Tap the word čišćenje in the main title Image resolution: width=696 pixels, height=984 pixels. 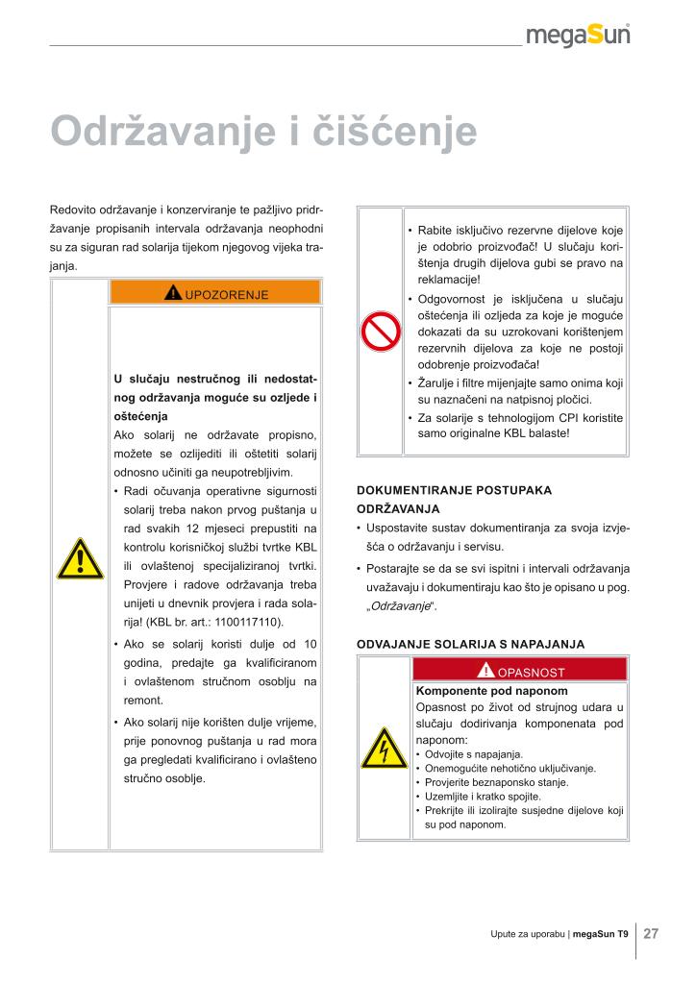[x=395, y=132]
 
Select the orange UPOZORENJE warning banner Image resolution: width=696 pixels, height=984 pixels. [x=215, y=292]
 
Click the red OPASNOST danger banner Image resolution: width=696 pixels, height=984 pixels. [x=519, y=671]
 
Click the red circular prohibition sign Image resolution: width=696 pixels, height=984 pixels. [x=380, y=332]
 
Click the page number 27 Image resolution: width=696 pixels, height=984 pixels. [x=651, y=933]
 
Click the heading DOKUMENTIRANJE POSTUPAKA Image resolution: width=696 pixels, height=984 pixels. [x=454, y=490]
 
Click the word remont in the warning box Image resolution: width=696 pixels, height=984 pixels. [x=144, y=701]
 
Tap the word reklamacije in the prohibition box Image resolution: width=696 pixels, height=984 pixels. [x=449, y=280]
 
